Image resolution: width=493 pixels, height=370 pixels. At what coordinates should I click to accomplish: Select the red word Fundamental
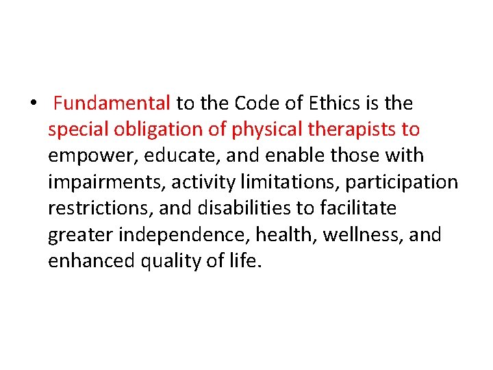click(x=112, y=103)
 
